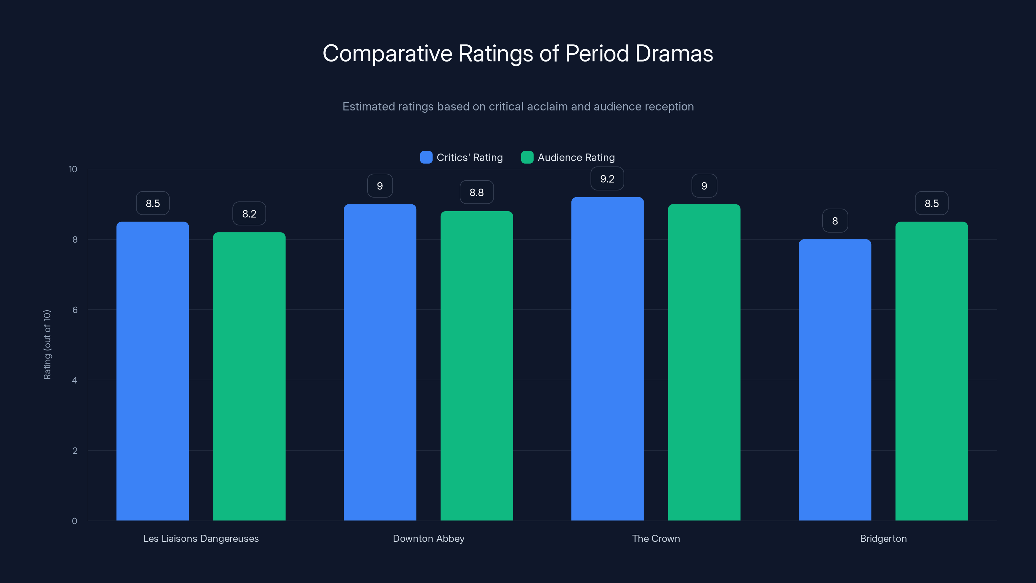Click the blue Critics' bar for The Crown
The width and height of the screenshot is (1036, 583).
(x=607, y=358)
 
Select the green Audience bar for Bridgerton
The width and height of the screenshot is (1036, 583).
(x=931, y=370)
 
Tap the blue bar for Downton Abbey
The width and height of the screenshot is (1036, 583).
(x=380, y=362)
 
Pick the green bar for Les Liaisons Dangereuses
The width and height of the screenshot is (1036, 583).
(x=249, y=376)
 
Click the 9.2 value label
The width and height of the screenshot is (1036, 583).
(x=607, y=179)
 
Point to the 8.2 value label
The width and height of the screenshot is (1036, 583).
(x=249, y=214)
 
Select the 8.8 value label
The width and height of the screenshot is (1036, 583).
(x=477, y=192)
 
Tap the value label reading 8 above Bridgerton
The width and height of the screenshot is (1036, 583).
(x=835, y=221)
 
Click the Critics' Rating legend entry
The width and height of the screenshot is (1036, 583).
(x=461, y=157)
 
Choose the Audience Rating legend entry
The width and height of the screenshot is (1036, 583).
(x=568, y=157)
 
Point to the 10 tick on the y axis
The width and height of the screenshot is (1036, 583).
(x=73, y=169)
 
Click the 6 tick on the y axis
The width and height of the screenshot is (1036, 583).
(x=75, y=310)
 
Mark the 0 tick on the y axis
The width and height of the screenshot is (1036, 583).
(x=74, y=521)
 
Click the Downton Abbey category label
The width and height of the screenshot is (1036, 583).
(x=428, y=538)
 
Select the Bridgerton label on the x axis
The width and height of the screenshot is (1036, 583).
(x=883, y=538)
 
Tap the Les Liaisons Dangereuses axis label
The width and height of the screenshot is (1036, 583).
(x=201, y=538)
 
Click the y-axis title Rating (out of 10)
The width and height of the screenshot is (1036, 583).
(x=47, y=344)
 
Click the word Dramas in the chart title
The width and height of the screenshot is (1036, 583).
(x=674, y=53)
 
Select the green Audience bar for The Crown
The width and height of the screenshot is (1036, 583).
(x=704, y=362)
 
